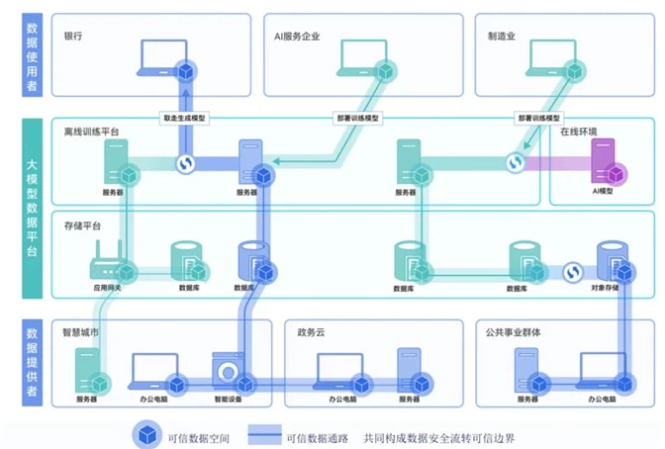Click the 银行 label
click(x=72, y=36)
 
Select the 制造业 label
click(x=502, y=36)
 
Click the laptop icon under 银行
click(x=164, y=59)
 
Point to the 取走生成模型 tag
click(x=185, y=118)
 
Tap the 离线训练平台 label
click(x=91, y=132)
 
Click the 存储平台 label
click(x=82, y=225)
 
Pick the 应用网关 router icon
click(x=107, y=262)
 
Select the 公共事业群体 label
click(x=519, y=332)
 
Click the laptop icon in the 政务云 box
click(x=340, y=370)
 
